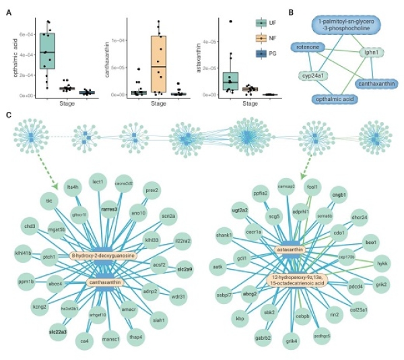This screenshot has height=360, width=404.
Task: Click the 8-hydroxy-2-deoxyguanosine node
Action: [104, 256]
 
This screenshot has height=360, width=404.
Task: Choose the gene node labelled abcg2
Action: [250, 293]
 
